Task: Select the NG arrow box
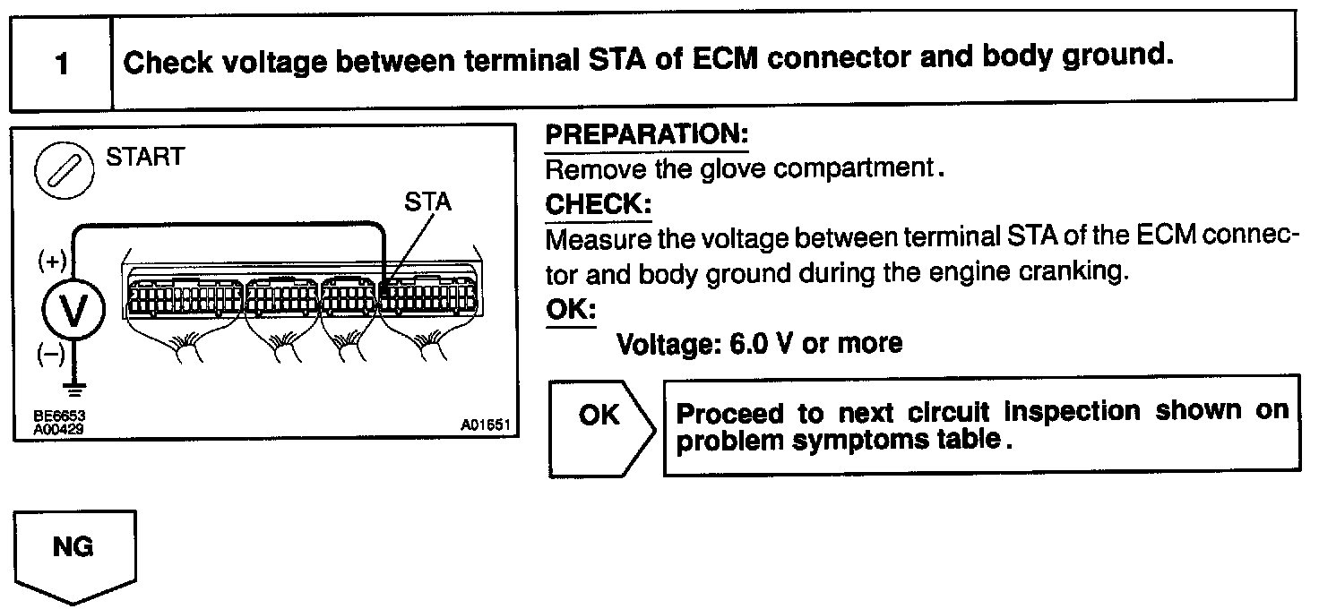pyautogui.click(x=73, y=551)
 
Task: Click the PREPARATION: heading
pyautogui.click(x=646, y=136)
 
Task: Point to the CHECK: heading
pyautogui.click(x=598, y=205)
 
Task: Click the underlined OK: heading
pyautogui.click(x=571, y=308)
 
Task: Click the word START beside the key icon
pyautogui.click(x=144, y=158)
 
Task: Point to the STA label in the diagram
pyautogui.click(x=427, y=202)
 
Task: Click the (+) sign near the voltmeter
pyautogui.click(x=52, y=262)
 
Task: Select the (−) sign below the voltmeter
pyautogui.click(x=51, y=356)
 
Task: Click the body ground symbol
pyautogui.click(x=75, y=390)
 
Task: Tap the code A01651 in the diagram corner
pyautogui.click(x=485, y=427)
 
